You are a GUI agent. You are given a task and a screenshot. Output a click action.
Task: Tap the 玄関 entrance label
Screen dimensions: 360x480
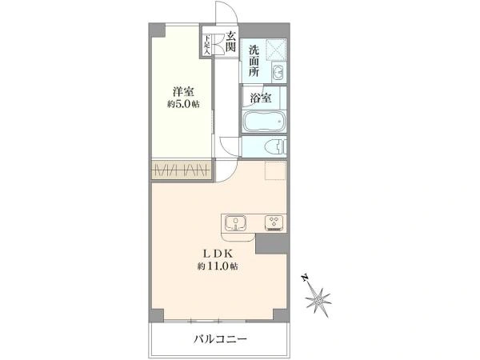[x=230, y=41]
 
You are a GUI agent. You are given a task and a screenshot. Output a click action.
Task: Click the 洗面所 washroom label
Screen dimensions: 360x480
[x=254, y=61]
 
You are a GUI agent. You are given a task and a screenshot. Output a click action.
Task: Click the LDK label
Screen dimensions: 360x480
[x=218, y=254]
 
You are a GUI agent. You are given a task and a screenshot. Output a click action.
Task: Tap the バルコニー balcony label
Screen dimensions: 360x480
[x=220, y=339]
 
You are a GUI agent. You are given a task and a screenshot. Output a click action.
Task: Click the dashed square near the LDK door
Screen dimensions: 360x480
[x=275, y=171]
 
